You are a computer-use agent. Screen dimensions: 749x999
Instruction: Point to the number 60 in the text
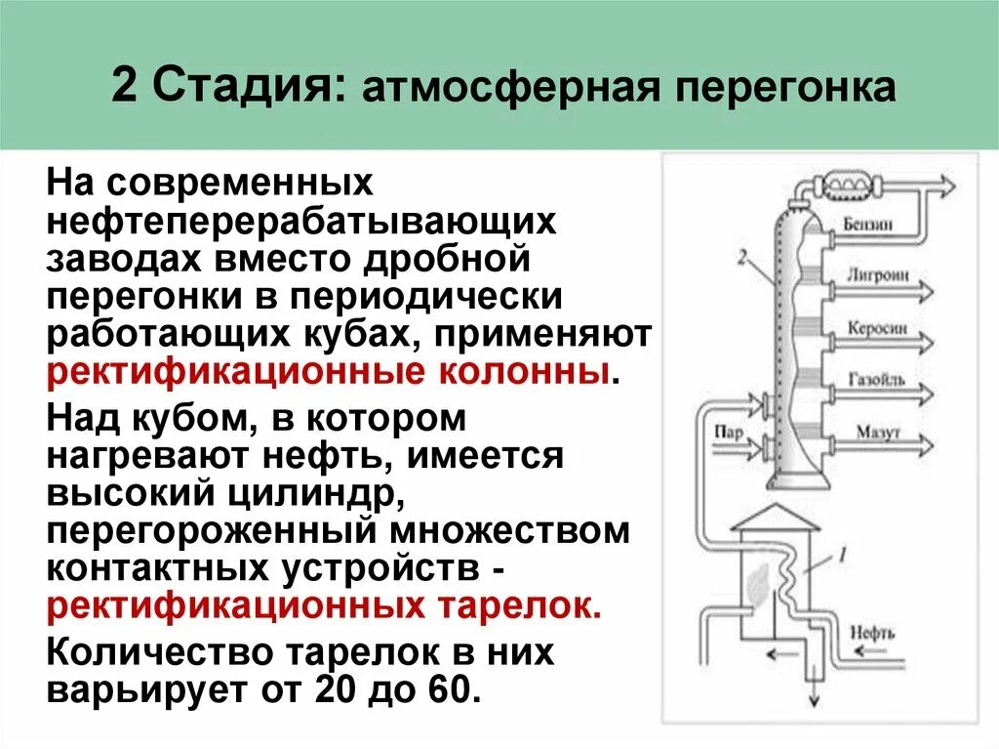[450, 689]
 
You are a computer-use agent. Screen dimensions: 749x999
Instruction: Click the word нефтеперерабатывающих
[302, 221]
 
